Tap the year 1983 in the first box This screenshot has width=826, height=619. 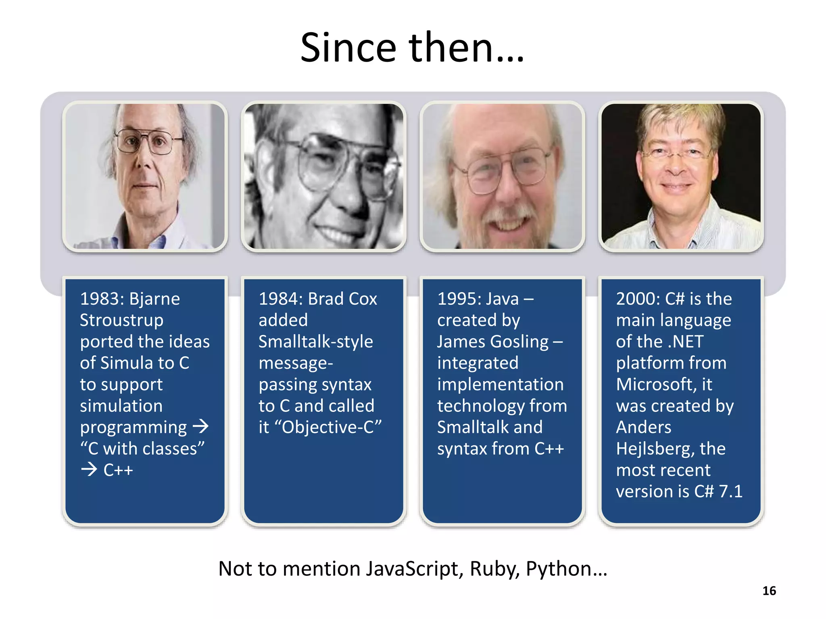[x=102, y=299]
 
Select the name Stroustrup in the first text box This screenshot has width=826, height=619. [x=121, y=320]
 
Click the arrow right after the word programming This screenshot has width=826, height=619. [x=200, y=426]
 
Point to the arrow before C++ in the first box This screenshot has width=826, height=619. [x=89, y=469]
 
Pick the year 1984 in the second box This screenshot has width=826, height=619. [x=280, y=299]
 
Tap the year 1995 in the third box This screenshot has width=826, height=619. [x=459, y=299]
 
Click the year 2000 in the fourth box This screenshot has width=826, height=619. [x=638, y=299]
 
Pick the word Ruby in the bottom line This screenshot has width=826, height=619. [x=494, y=569]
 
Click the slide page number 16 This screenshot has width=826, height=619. [x=769, y=591]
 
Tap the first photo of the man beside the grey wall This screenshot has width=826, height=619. [x=145, y=176]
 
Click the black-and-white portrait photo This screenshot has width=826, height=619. [x=323, y=176]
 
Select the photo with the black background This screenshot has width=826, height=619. [x=681, y=176]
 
